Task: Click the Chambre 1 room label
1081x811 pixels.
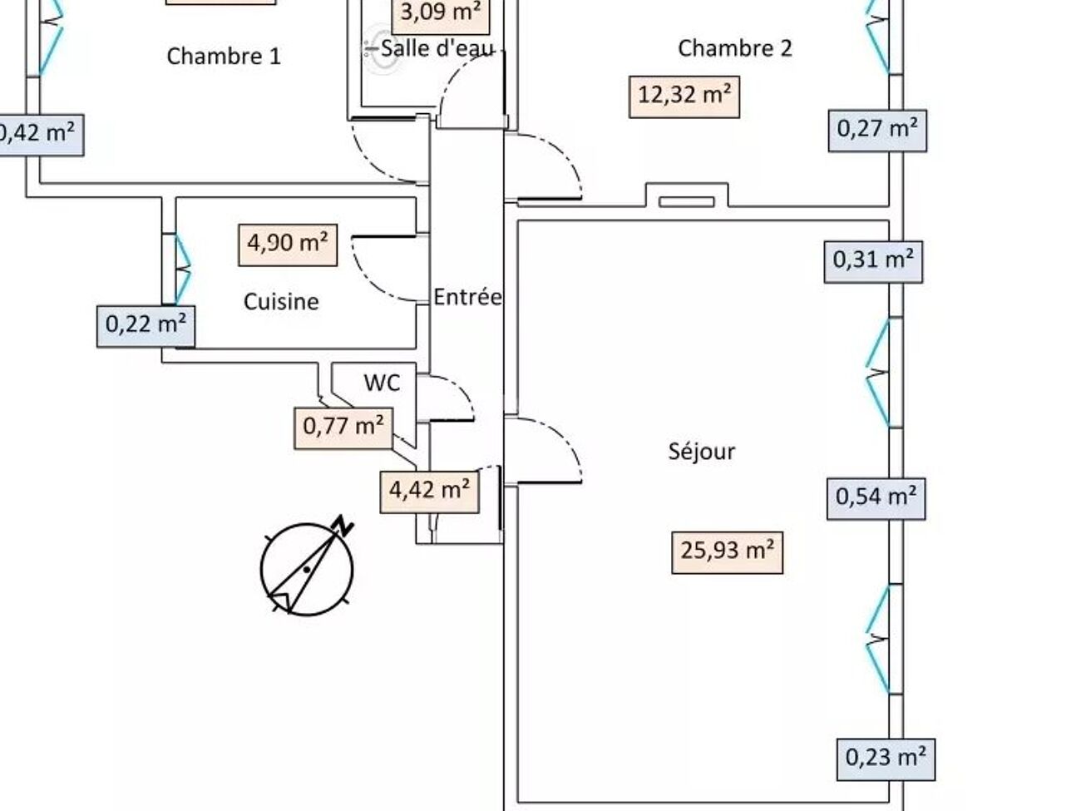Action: tap(224, 57)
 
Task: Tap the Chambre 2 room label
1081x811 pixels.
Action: tap(735, 48)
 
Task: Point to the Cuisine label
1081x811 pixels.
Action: tap(281, 301)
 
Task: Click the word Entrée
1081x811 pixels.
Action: tap(467, 297)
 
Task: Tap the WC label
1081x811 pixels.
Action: tap(382, 383)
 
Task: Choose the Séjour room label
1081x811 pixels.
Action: tap(702, 452)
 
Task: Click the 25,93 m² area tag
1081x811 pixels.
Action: tap(727, 551)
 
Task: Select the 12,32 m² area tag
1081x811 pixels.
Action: tap(684, 95)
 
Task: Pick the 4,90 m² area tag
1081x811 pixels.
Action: tap(288, 244)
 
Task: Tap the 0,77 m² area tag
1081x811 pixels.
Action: tap(343, 428)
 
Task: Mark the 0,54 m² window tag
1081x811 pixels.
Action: tap(876, 498)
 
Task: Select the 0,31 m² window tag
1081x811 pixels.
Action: tap(873, 260)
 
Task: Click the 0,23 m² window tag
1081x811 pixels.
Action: tap(886, 758)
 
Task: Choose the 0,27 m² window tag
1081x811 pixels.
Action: tap(877, 130)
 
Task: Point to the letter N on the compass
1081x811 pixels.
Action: tap(343, 526)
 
